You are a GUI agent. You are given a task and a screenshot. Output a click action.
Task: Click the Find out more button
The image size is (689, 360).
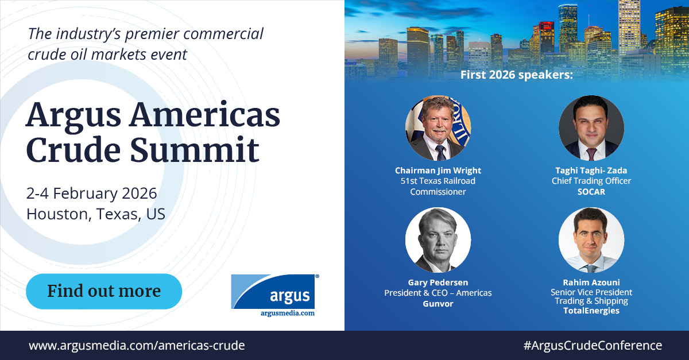104,291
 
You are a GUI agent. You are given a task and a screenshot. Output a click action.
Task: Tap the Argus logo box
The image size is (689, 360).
273,291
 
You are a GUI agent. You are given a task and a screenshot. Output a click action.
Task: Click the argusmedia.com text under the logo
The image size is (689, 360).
287,313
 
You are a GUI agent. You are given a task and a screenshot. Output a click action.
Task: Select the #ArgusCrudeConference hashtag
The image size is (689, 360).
593,346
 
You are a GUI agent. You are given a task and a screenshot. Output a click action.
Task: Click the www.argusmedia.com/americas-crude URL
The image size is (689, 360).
137,346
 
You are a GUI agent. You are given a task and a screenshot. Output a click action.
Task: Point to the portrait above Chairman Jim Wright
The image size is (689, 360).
438,128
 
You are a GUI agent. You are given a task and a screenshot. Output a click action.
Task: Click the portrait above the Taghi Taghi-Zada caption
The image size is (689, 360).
591,128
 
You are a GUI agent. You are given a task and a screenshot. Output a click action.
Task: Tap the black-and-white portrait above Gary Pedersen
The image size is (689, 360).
438,240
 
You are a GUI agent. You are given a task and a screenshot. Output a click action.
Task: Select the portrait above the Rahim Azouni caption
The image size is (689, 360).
591,240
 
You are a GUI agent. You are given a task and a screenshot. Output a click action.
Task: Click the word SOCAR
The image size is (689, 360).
591,192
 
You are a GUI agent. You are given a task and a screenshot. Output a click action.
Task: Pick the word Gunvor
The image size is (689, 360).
438,304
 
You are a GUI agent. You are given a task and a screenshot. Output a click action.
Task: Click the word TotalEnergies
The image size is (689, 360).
591,311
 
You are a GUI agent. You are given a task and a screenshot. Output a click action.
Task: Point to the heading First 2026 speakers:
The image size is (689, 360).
517,75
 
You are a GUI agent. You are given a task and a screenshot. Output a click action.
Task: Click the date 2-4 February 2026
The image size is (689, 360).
92,193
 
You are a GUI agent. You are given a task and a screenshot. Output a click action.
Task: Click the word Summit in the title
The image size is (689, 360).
195,150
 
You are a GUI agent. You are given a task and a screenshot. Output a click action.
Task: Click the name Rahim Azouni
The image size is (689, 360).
591,282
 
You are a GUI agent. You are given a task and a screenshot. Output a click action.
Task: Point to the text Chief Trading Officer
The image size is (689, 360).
591,181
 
